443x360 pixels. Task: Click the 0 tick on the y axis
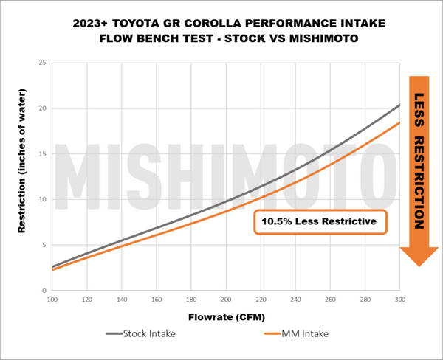point(44,291)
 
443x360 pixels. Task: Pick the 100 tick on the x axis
point(52,300)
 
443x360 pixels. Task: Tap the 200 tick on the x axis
point(226,300)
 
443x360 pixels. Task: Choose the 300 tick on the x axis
point(399,300)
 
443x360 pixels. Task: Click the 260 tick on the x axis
point(330,300)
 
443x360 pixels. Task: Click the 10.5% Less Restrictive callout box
point(320,221)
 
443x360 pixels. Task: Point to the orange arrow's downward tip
point(418,265)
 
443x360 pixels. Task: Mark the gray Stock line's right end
point(399,105)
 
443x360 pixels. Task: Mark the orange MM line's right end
point(399,122)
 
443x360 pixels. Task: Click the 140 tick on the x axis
point(122,300)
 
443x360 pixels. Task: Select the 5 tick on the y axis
point(44,245)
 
